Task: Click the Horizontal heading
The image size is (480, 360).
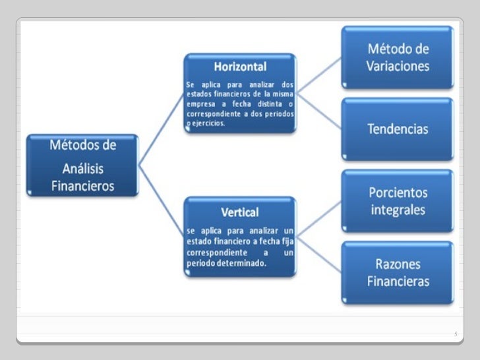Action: click(239, 67)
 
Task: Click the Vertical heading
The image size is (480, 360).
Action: click(239, 212)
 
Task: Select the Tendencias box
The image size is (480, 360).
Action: click(397, 128)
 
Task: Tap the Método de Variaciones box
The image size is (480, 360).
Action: click(397, 57)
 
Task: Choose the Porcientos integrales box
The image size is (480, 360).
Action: click(397, 201)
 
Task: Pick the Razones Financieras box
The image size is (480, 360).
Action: click(397, 272)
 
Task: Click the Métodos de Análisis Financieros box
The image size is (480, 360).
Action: click(82, 165)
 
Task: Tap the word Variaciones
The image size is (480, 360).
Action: click(398, 66)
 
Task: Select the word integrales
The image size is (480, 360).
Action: click(397, 210)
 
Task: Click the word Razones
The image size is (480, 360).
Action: click(398, 263)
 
